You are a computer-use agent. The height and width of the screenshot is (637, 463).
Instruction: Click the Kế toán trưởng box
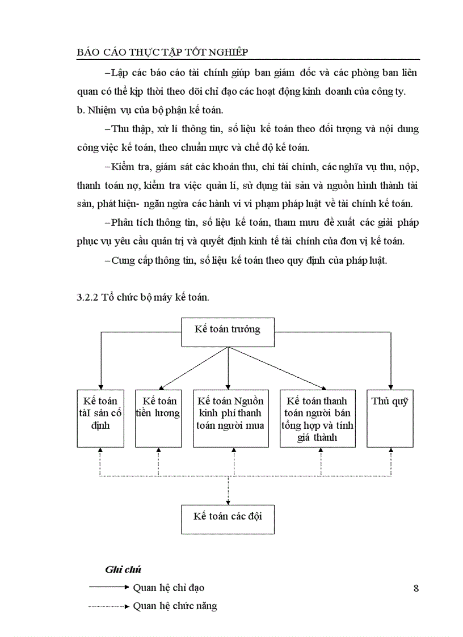click(228, 332)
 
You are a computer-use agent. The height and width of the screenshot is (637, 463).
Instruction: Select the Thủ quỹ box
click(390, 418)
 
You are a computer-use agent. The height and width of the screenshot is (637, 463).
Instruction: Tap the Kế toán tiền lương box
click(158, 418)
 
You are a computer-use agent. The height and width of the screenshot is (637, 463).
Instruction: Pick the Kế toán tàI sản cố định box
click(100, 418)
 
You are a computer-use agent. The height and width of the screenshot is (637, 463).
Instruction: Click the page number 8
click(416, 588)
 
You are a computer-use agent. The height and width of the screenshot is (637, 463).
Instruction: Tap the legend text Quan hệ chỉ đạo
click(169, 588)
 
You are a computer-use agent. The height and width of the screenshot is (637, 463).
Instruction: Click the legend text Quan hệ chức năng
click(175, 606)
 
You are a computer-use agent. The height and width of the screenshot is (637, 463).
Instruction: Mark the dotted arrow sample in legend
click(109, 606)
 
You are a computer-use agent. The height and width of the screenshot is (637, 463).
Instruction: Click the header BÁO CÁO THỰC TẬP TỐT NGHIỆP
click(162, 52)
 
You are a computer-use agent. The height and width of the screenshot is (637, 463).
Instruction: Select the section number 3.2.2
click(88, 298)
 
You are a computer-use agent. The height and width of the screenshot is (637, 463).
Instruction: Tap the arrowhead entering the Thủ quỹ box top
click(390, 386)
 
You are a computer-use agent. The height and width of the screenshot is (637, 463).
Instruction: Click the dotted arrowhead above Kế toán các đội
click(228, 501)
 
